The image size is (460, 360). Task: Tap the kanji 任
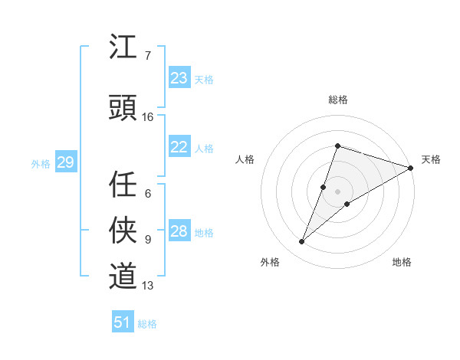[x=123, y=184]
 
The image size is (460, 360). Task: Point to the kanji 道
[x=123, y=276]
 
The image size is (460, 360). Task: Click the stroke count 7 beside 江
[x=148, y=56]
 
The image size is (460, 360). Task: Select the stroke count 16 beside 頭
[x=149, y=117]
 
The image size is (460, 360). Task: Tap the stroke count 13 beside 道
[x=148, y=286]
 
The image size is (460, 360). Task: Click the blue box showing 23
[x=179, y=78]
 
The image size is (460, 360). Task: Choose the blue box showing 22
[x=179, y=147]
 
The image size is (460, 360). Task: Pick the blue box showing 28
[x=179, y=231]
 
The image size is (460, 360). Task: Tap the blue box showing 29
[x=65, y=162]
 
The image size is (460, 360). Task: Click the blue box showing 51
[x=122, y=322]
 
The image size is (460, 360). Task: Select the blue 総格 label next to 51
[x=147, y=324]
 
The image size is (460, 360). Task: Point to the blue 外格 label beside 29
[x=41, y=164]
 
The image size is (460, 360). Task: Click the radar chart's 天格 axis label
[x=432, y=159]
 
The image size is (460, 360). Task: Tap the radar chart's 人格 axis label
[x=245, y=159]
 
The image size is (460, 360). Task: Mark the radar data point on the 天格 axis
[x=411, y=169]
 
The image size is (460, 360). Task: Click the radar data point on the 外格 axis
[x=302, y=242]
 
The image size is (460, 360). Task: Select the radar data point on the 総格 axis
[x=337, y=146]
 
